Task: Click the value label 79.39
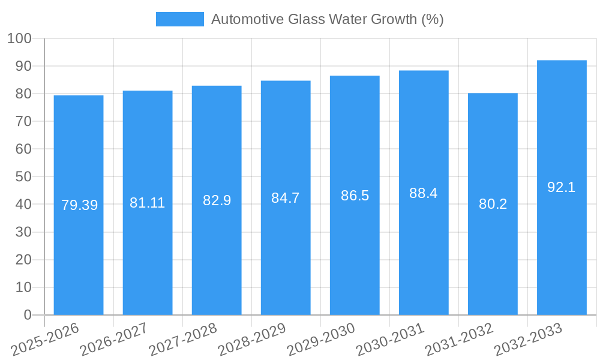[79, 205]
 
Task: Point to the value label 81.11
[147, 203]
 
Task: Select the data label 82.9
[217, 200]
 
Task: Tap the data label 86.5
[355, 196]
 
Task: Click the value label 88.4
[424, 193]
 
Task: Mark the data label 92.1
[562, 187]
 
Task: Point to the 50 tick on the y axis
[23, 177]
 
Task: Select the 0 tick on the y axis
[27, 315]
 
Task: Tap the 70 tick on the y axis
[23, 122]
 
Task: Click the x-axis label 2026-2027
[114, 339]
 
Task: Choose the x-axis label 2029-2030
[321, 339]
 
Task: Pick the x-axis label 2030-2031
[390, 339]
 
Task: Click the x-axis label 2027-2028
[183, 339]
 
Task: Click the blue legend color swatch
[179, 19]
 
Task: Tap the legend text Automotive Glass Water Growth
[327, 19]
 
